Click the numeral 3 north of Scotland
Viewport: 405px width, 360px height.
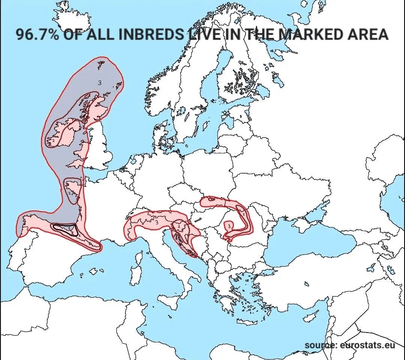click(x=99, y=82)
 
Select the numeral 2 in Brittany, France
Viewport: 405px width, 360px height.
click(x=69, y=192)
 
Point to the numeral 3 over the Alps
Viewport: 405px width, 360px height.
click(x=156, y=222)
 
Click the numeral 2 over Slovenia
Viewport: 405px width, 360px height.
click(x=179, y=226)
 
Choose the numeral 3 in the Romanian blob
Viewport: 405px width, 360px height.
click(x=229, y=226)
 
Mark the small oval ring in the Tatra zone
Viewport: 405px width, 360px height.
click(x=211, y=199)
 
